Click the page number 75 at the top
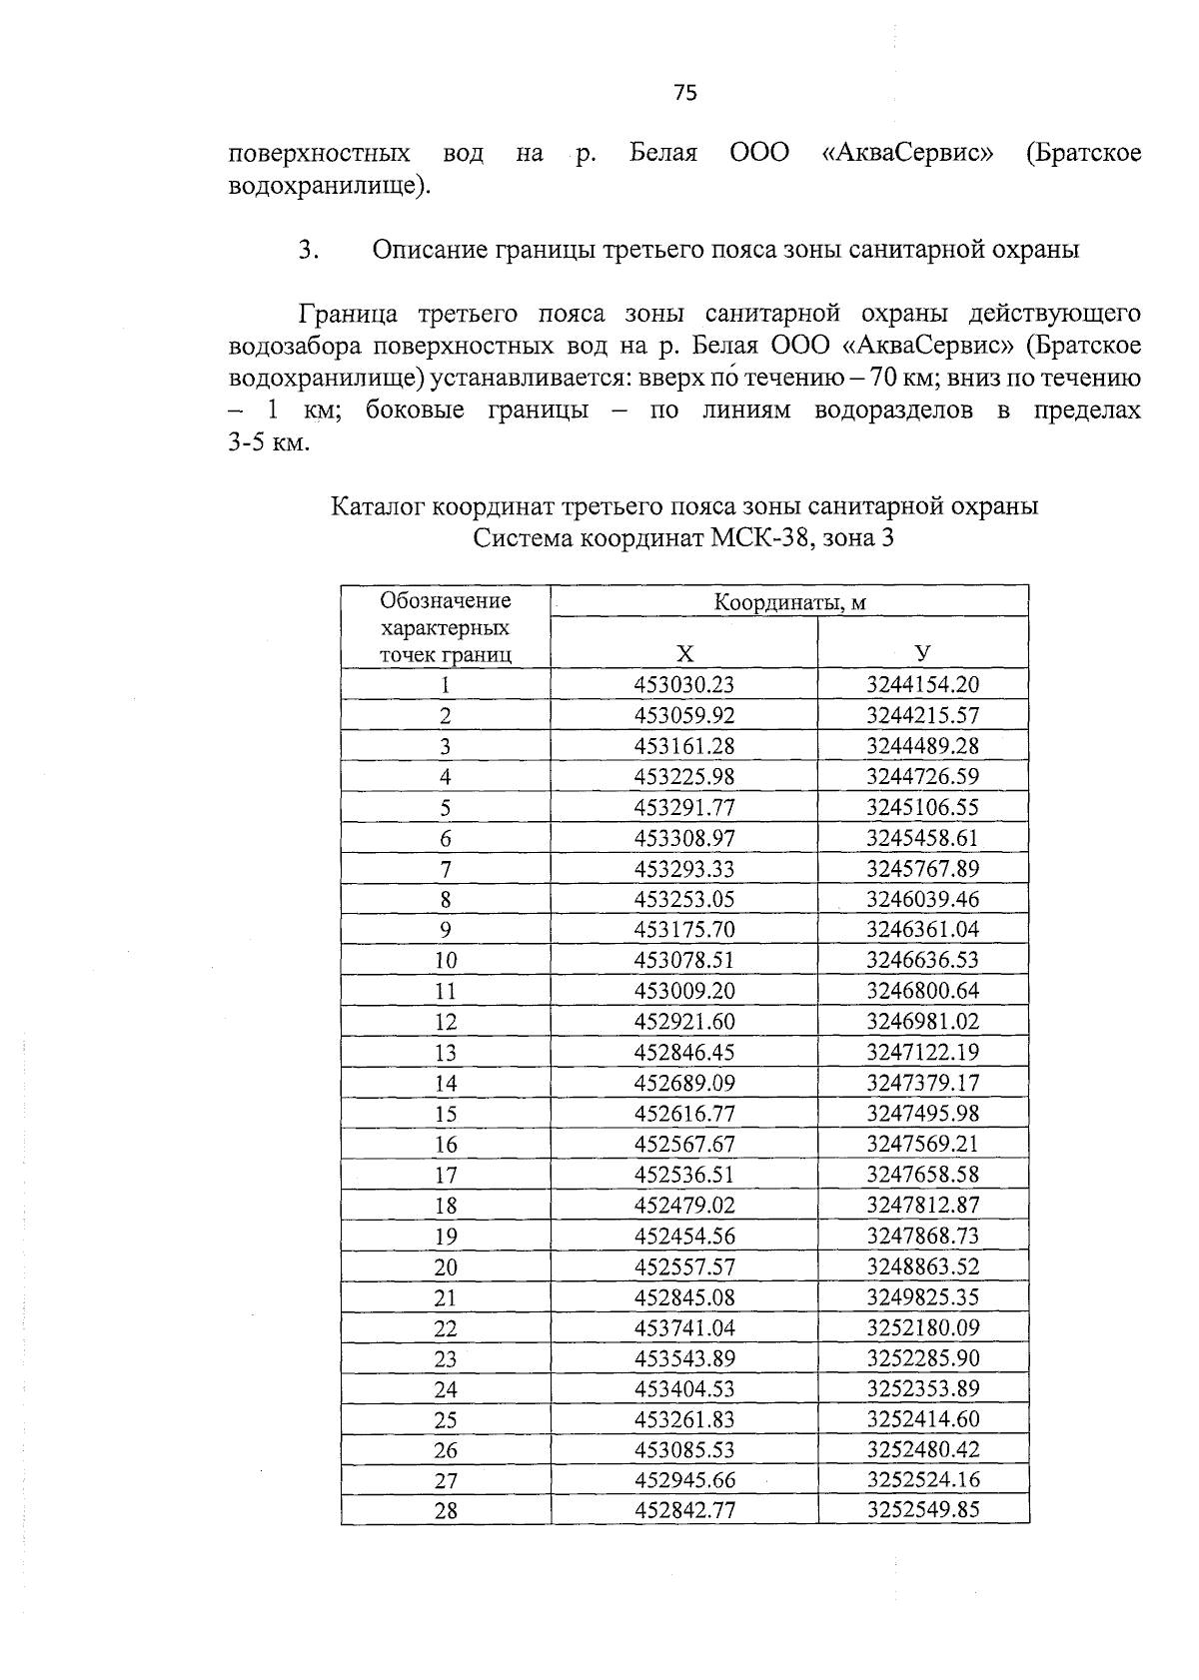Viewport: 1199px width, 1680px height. (x=685, y=93)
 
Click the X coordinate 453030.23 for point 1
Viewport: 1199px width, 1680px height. (x=684, y=684)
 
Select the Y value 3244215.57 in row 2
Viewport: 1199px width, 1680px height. (x=922, y=715)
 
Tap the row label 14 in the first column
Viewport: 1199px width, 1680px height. (x=446, y=1084)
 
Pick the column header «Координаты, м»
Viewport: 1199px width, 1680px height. (x=789, y=602)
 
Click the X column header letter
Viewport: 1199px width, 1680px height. (x=684, y=655)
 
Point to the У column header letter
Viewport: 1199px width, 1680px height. (x=922, y=655)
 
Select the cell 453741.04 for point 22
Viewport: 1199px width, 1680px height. (x=684, y=1328)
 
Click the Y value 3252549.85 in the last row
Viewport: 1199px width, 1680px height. (x=922, y=1510)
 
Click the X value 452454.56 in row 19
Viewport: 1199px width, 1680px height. (x=684, y=1237)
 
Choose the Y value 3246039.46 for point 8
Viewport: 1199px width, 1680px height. (x=922, y=899)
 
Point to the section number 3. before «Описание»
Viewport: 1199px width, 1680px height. (x=308, y=250)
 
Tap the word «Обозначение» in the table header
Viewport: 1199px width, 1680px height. (x=446, y=600)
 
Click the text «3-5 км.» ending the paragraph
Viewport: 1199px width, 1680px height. (x=270, y=442)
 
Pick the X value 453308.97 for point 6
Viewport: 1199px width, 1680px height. (x=684, y=838)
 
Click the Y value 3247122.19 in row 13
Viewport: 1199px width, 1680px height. (x=922, y=1052)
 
